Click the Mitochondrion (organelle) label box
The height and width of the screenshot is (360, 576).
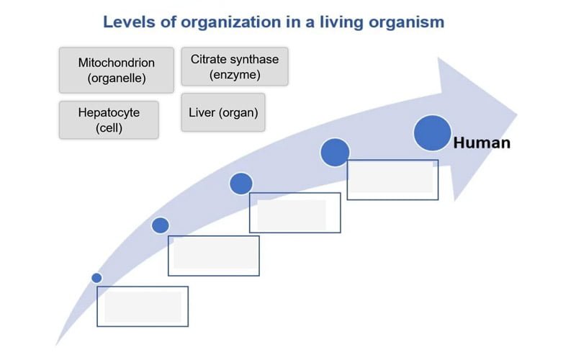click(116, 70)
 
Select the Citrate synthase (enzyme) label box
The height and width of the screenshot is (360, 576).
click(235, 66)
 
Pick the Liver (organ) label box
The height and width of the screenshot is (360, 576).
click(223, 112)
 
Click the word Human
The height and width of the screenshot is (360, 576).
click(482, 143)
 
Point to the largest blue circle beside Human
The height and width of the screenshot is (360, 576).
click(432, 133)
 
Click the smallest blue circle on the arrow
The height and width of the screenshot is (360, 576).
click(97, 277)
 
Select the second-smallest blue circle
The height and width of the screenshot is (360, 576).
click(161, 225)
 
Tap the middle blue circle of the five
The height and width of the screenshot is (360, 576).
click(241, 184)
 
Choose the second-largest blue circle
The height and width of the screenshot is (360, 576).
click(335, 152)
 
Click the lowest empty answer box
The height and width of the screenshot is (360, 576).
click(143, 307)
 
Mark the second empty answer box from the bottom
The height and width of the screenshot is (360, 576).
click(214, 256)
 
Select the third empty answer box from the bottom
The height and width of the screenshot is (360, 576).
click(295, 212)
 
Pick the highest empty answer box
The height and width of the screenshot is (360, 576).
click(392, 180)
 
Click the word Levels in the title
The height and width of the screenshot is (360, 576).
click(127, 22)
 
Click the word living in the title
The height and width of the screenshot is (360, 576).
click(330, 22)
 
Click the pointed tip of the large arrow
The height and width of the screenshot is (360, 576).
click(517, 113)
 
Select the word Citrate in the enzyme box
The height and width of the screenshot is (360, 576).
click(210, 58)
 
